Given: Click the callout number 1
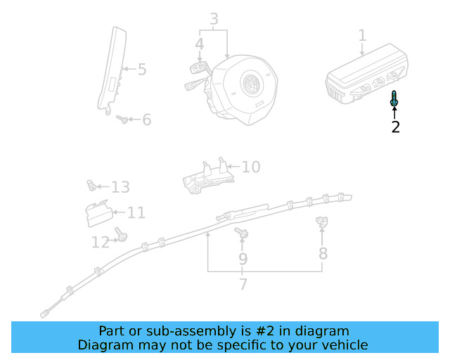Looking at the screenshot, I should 362,35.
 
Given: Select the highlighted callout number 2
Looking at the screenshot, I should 395,127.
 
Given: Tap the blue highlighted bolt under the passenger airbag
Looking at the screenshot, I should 394,101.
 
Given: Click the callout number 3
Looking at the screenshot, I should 214,20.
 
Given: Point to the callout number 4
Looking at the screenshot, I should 200,44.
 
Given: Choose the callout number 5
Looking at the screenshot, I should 141,69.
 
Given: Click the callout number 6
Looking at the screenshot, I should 146,120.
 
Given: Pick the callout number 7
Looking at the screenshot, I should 243,285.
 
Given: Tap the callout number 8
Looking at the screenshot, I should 323,253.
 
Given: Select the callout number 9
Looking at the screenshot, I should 243,259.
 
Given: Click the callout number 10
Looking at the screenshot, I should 251,167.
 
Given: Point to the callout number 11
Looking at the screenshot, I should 136,212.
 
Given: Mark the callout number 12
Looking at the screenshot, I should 100,243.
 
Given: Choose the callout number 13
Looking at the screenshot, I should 120,187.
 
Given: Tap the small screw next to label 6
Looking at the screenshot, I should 123,120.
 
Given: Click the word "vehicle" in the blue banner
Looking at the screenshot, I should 342,345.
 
